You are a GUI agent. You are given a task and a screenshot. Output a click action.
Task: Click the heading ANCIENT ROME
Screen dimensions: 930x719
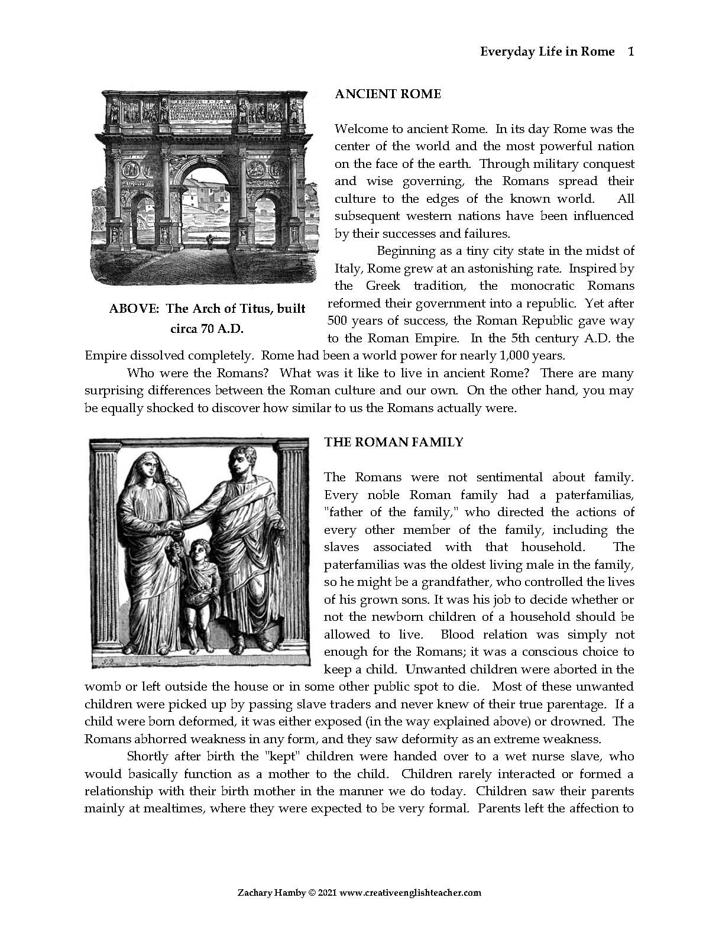tap(387, 94)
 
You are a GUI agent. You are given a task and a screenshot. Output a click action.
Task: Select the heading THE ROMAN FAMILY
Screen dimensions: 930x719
tap(393, 442)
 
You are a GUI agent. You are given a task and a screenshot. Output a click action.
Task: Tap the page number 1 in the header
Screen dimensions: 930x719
tap(630, 51)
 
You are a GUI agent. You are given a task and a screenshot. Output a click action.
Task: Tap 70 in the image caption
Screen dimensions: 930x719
tap(207, 329)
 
